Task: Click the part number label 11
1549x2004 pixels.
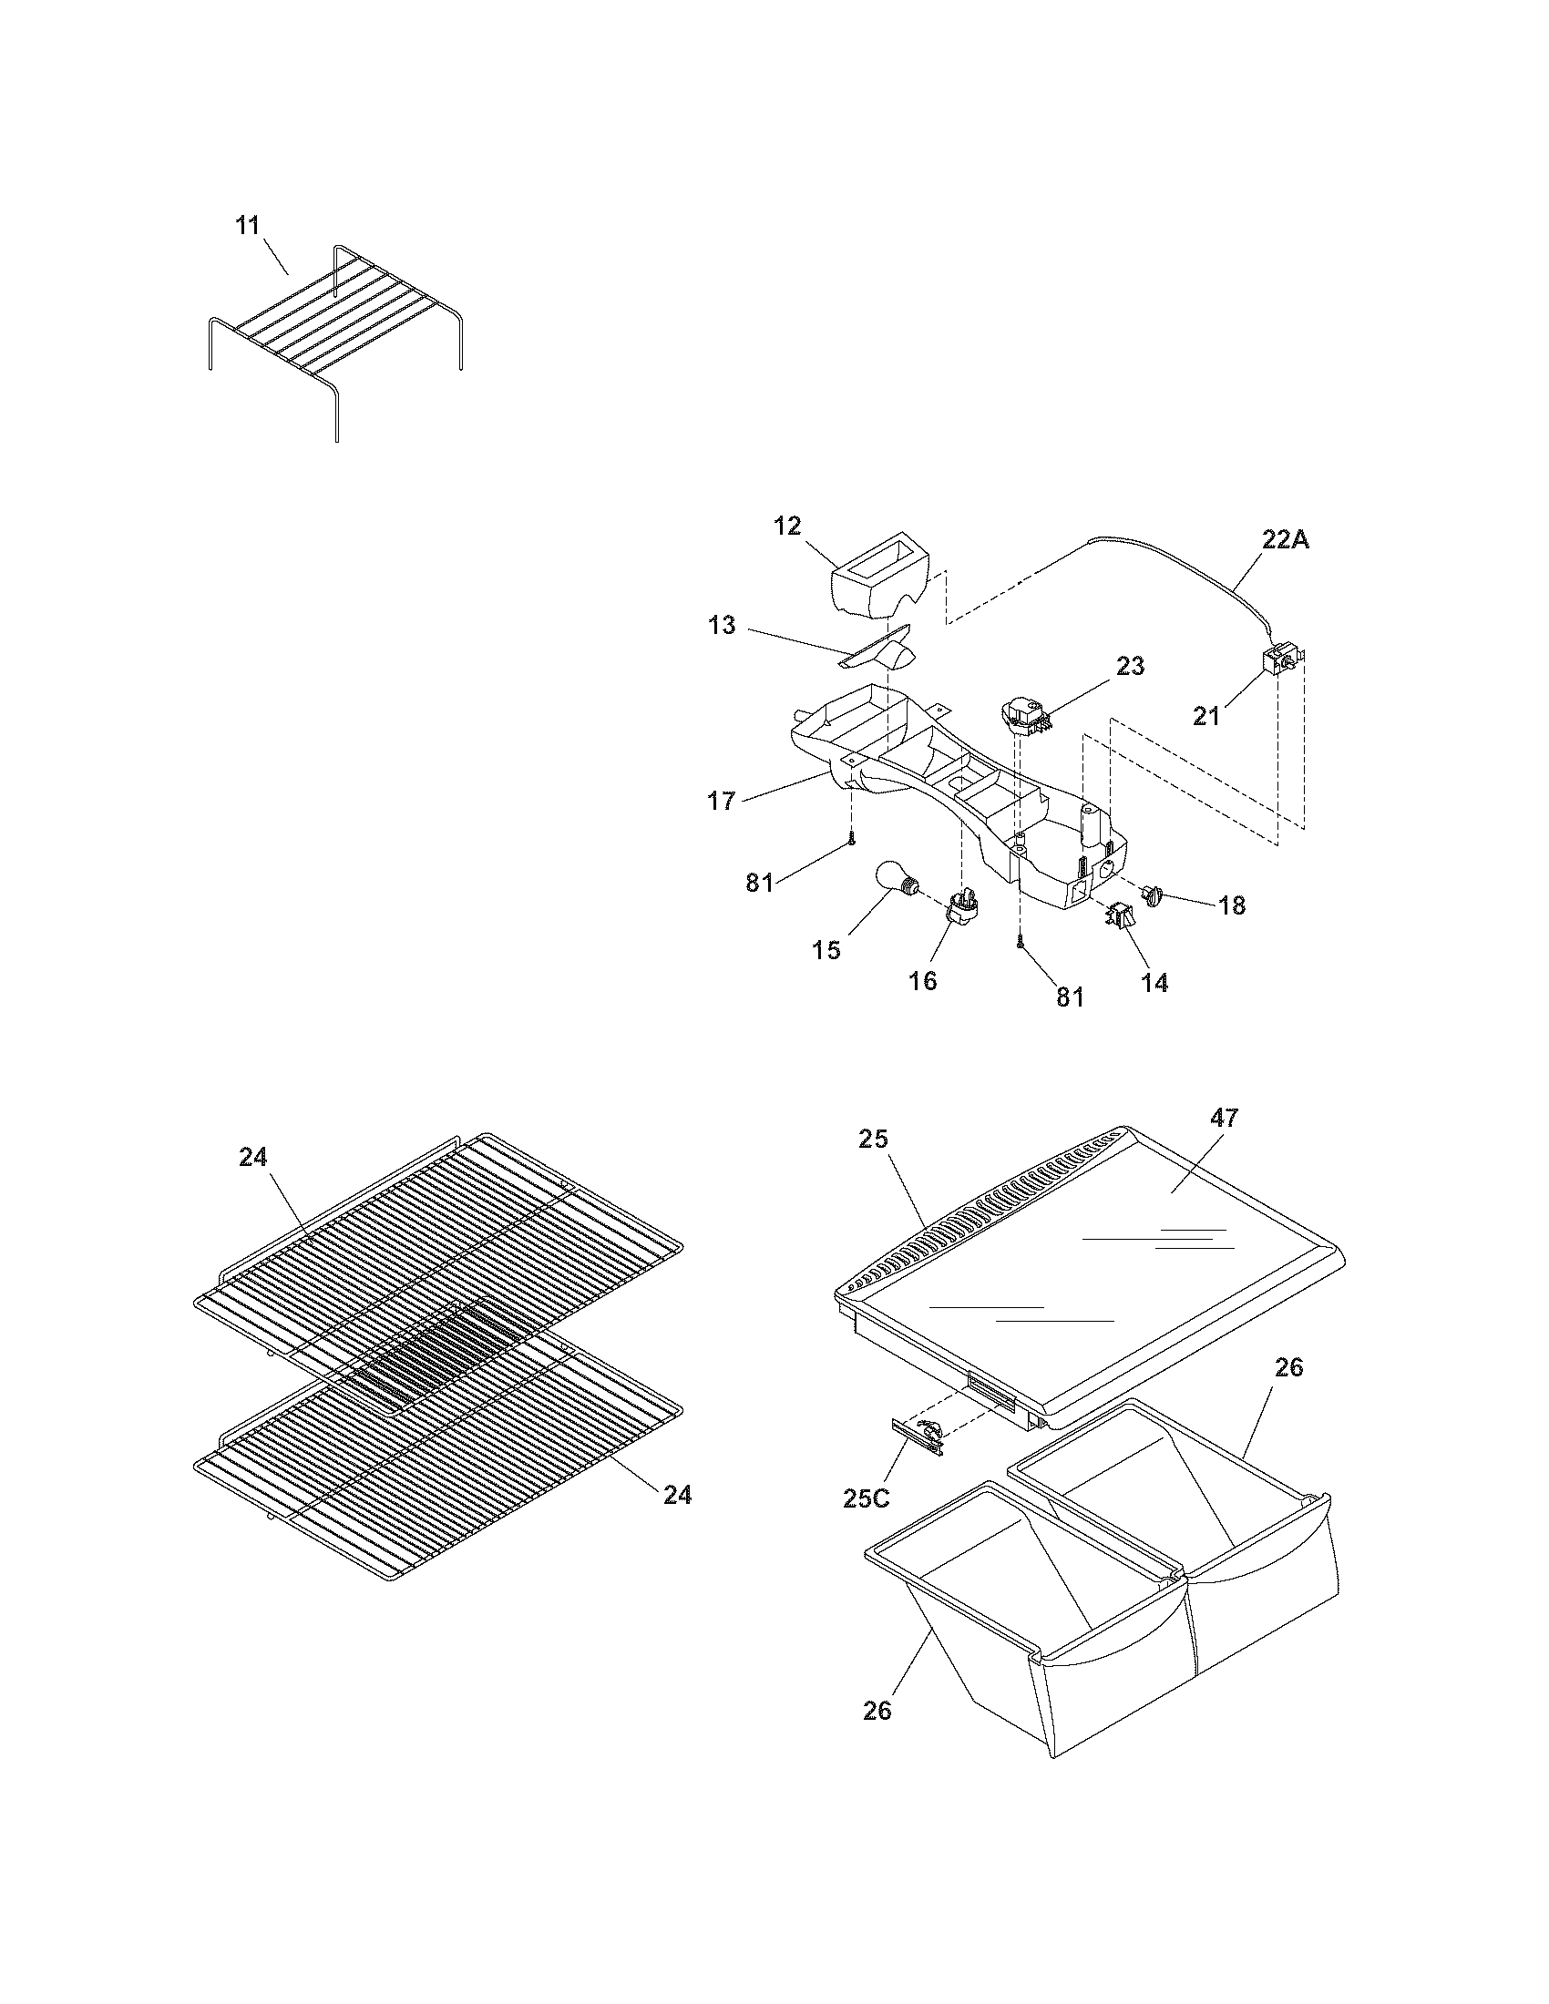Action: pos(248,226)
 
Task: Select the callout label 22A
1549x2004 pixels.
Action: pos(1285,540)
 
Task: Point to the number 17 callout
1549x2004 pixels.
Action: pos(722,801)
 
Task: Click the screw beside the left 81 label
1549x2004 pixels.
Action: pos(853,838)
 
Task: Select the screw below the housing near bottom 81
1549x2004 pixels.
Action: pos(1021,940)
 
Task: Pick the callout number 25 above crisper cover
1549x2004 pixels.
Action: pos(874,1140)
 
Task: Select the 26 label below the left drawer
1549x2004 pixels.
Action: pos(877,1712)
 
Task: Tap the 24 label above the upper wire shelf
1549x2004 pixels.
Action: pos(253,1158)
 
